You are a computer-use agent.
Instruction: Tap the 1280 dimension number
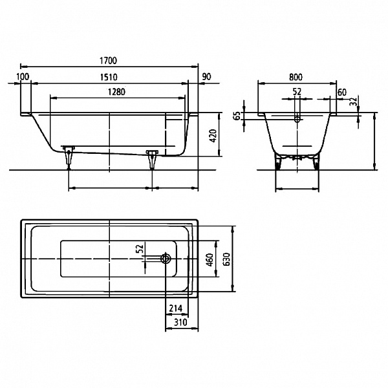coord(116,92)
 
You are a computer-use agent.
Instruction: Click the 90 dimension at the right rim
coord(207,77)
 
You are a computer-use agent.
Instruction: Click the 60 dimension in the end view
coord(342,92)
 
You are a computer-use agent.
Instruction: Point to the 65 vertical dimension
coord(237,116)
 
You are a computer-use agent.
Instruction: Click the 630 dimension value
coord(226,259)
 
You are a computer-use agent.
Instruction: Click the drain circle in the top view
coord(166,259)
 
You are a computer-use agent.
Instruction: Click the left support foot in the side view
coord(69,155)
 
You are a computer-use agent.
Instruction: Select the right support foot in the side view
coord(152,157)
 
